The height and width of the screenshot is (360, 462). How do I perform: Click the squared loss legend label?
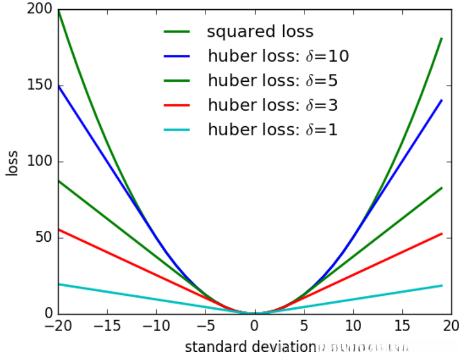click(x=260, y=31)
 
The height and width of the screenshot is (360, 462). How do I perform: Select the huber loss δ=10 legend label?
click(x=279, y=56)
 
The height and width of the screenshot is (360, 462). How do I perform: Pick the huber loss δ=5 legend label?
click(x=273, y=81)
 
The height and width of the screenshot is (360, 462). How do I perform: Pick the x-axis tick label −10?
click(x=156, y=326)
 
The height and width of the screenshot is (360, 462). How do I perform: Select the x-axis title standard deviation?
click(x=250, y=346)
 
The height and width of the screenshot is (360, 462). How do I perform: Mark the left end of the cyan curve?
click(x=59, y=284)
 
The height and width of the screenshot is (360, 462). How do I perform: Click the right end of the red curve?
click(x=442, y=234)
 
